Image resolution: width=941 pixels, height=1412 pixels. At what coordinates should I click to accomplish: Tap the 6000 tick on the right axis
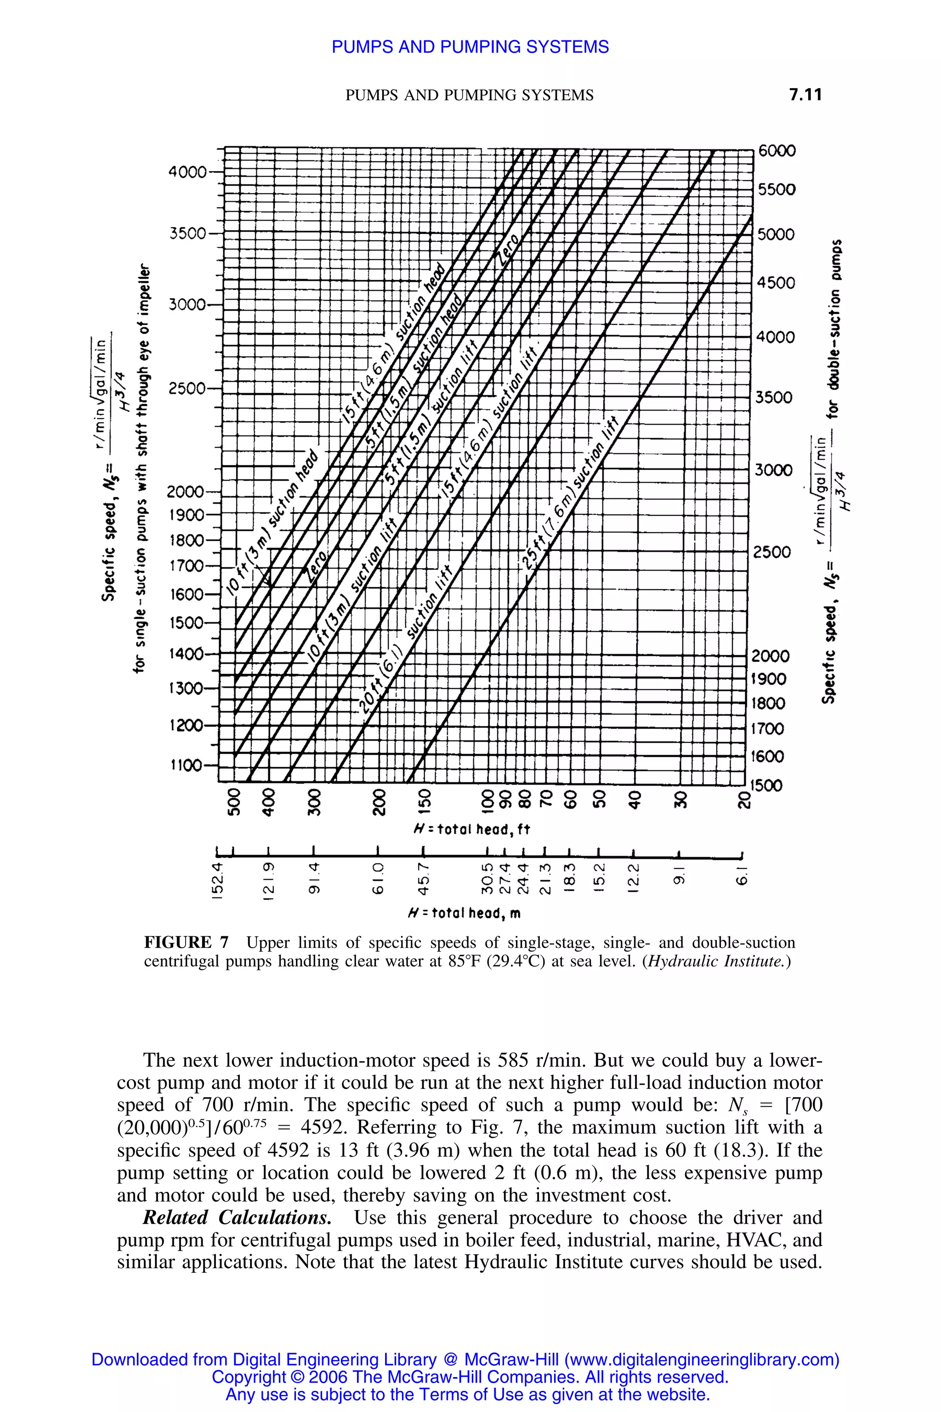coord(777,151)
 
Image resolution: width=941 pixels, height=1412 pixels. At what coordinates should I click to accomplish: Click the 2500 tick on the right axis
coord(772,552)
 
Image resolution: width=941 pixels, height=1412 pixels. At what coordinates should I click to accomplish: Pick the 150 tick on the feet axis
coord(424,800)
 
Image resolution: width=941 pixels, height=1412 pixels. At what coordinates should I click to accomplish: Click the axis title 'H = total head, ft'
coord(472,829)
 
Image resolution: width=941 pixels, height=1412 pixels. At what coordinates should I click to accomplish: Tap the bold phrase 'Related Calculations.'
coord(237,1218)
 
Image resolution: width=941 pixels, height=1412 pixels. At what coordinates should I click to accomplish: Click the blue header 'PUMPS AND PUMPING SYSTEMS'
coord(470,47)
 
